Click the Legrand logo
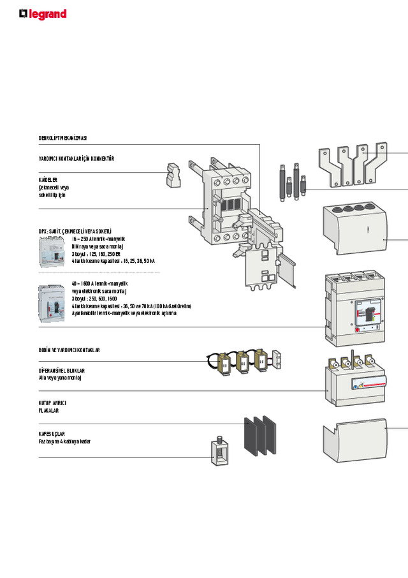43,14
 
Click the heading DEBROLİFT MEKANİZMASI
62,138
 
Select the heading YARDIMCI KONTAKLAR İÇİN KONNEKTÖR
76,158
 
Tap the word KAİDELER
48,181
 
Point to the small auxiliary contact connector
173,175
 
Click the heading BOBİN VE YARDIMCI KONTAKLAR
69,350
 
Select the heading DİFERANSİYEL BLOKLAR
62,371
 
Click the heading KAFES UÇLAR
52,434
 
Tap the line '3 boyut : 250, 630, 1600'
94,299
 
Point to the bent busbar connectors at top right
352,163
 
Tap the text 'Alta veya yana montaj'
61,378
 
